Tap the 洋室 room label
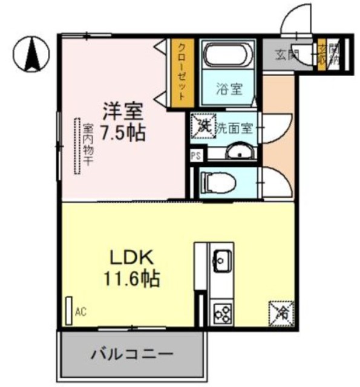coord(122,112)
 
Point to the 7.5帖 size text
coord(123,132)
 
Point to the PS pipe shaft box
coord(195,155)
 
